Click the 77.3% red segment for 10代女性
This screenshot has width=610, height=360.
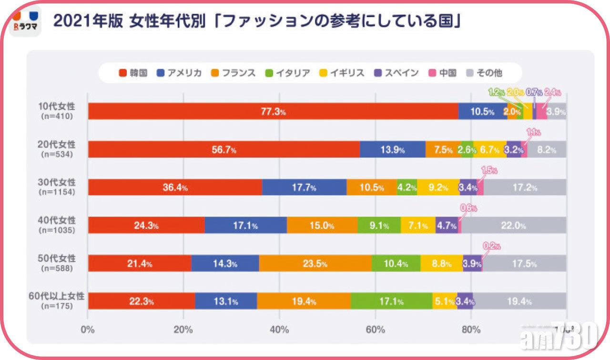pos(273,111)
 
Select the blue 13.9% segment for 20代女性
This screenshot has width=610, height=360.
pos(392,150)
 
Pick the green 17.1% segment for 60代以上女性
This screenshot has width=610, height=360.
pos(391,301)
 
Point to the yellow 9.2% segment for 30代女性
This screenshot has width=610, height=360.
pos(438,188)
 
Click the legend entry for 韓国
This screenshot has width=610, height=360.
pos(133,73)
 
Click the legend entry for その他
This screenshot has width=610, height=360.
pos(486,73)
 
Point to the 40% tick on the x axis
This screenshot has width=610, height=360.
pos(280,329)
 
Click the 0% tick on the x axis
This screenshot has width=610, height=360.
pos(88,329)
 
